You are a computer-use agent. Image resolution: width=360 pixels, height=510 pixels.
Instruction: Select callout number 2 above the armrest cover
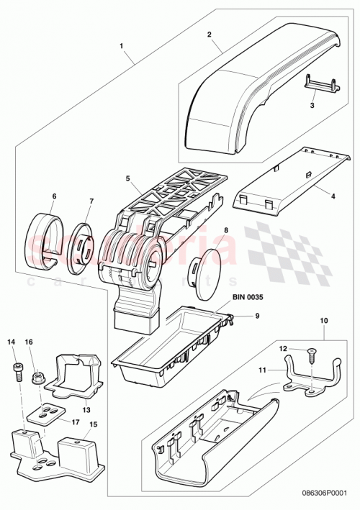point(209,34)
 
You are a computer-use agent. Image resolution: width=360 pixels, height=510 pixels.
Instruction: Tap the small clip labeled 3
point(321,84)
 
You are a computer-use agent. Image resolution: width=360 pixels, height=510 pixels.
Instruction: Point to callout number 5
point(127,178)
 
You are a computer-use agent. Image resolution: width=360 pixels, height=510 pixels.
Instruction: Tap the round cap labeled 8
point(207,270)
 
